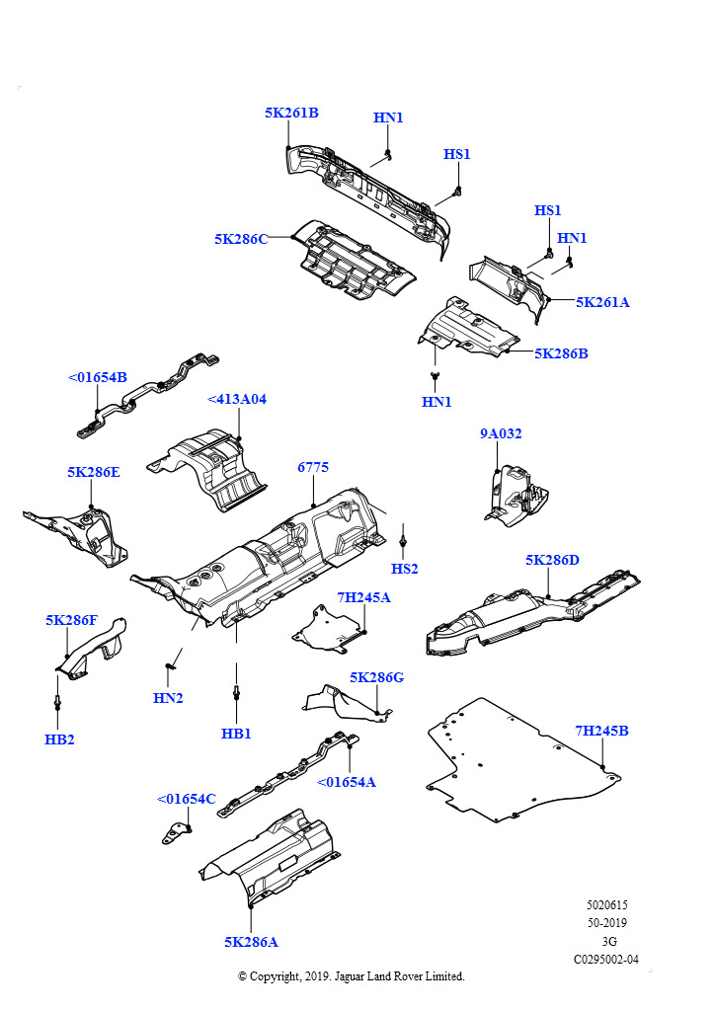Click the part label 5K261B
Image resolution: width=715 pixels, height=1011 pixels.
point(291,113)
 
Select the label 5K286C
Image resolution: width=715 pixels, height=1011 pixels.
point(241,239)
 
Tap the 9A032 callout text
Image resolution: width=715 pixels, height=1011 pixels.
point(501,433)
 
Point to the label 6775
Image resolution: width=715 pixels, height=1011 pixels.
point(313,467)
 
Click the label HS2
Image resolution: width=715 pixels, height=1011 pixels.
point(404,568)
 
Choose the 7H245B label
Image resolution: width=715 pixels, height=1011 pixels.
point(601,731)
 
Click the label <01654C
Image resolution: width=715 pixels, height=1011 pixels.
point(187,799)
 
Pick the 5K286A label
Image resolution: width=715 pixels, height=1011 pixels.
point(251,942)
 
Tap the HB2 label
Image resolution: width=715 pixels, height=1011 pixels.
point(59,739)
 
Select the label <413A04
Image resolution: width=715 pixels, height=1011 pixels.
point(237,399)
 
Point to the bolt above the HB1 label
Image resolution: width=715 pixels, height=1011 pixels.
point(237,692)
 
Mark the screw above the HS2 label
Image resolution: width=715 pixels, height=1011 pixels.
point(402,540)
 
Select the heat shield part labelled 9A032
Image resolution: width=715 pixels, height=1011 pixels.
point(515,495)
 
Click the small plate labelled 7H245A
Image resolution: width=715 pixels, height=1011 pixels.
point(328,628)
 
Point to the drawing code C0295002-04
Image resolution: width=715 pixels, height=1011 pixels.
point(606,960)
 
